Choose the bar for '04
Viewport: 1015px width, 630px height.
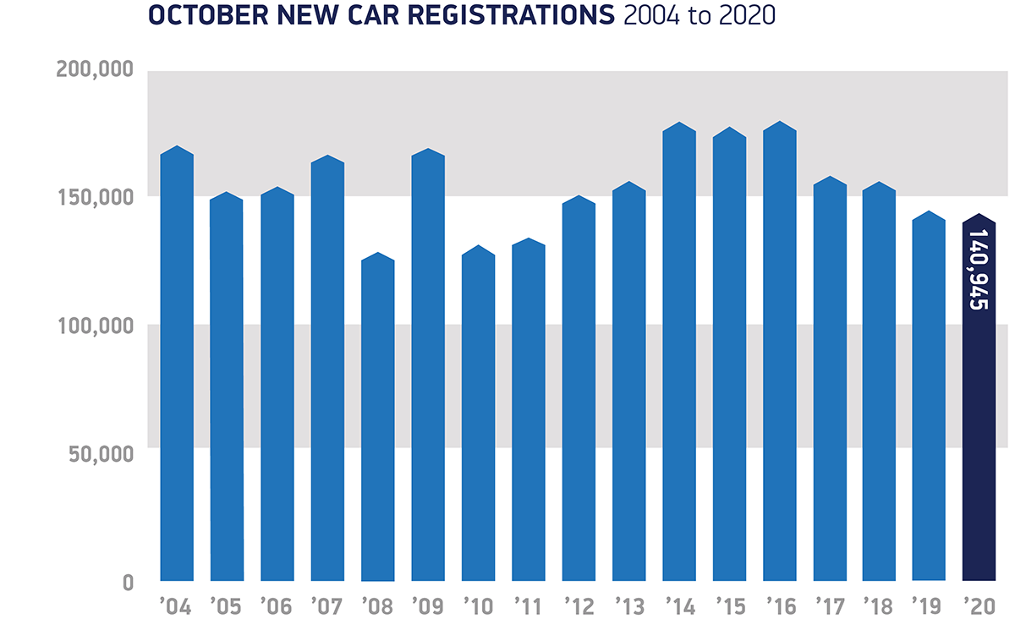177,364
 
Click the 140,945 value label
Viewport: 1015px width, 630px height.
979,269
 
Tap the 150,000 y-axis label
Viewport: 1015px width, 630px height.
95,197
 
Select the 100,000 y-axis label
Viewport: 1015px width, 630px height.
95,326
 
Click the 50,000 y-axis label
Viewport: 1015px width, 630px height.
100,454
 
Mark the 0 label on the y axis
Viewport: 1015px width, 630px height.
128,583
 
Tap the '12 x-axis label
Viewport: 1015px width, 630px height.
579,606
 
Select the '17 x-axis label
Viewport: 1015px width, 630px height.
829,606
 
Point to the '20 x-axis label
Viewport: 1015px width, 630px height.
979,606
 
